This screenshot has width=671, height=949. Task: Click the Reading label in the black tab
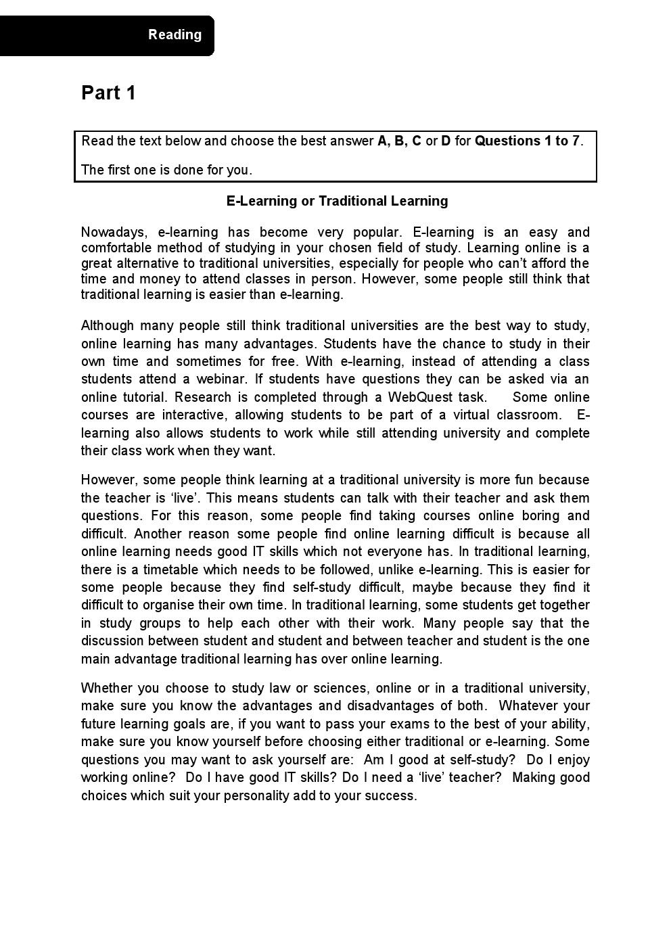coord(175,34)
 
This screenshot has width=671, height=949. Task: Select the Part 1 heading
coord(108,93)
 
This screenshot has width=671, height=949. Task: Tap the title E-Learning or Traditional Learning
coord(337,201)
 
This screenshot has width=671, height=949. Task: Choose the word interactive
coord(193,415)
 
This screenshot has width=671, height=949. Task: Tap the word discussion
coord(112,641)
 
